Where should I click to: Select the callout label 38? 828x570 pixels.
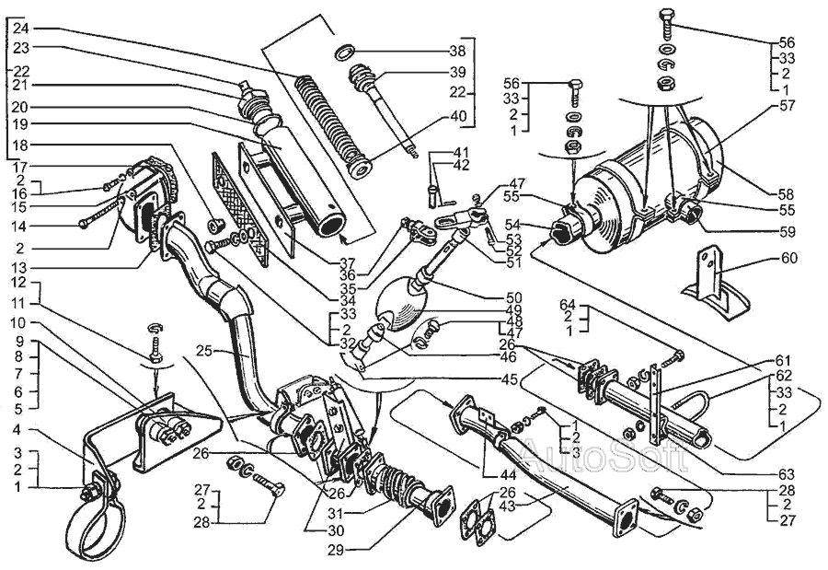coord(457,50)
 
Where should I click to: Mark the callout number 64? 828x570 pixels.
coord(569,304)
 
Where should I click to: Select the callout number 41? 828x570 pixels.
coord(460,151)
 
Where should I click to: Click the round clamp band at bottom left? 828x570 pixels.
coord(92,523)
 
